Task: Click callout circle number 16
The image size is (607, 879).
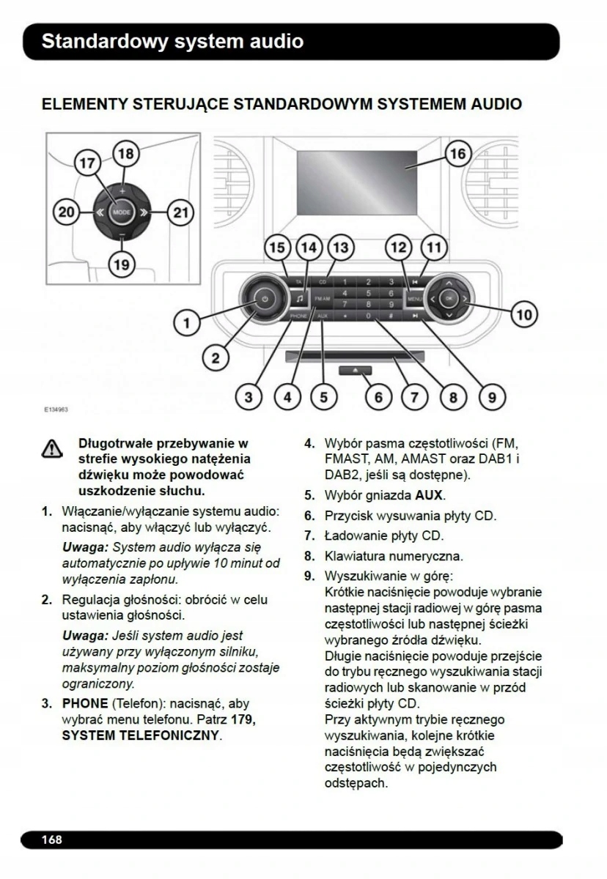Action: [457, 154]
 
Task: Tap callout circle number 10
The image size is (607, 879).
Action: [523, 315]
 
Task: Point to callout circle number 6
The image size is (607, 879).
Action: [378, 397]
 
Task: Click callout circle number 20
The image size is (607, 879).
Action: [66, 212]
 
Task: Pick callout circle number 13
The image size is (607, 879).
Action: [339, 247]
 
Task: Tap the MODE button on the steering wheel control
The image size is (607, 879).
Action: [122, 212]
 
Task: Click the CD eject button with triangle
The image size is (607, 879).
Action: [356, 371]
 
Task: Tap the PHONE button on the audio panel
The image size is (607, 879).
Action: [298, 315]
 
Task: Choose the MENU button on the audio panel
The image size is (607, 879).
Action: [414, 300]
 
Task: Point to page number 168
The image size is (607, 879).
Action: [51, 839]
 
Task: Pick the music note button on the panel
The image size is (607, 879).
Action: [301, 299]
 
